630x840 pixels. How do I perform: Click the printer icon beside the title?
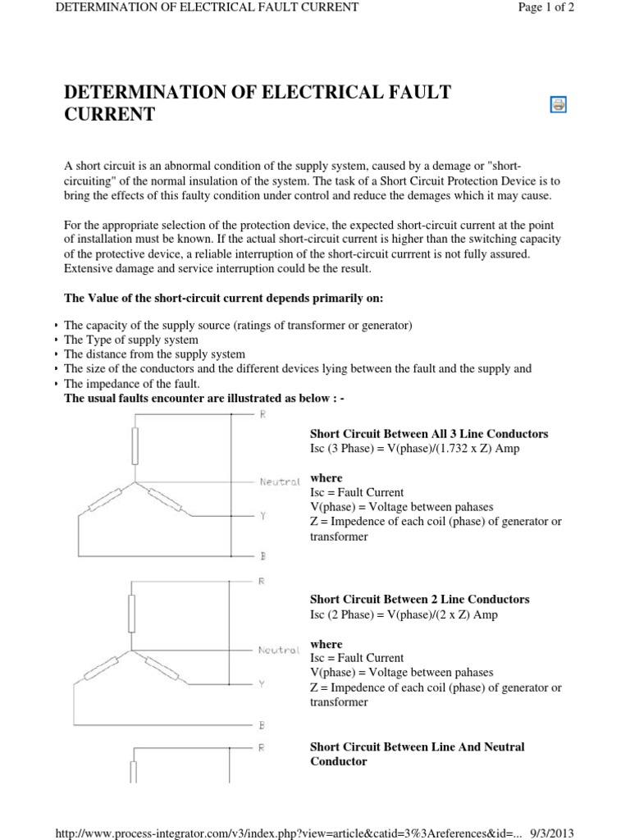tap(558, 104)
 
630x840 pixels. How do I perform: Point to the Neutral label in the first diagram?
tap(280, 482)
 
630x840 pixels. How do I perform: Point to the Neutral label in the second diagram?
tap(278, 650)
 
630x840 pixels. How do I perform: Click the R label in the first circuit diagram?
tap(262, 415)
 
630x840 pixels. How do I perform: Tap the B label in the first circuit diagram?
tap(262, 556)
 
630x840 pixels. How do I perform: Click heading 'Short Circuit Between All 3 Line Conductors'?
tap(429, 434)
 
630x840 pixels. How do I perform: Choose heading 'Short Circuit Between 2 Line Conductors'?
tap(419, 600)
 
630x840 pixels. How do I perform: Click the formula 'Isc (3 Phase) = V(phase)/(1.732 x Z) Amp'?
tap(414, 449)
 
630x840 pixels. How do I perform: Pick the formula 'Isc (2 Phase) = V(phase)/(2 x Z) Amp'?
tap(404, 614)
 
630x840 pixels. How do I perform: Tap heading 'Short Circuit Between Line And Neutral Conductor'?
tap(417, 754)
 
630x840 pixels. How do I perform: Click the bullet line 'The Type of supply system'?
tap(131, 340)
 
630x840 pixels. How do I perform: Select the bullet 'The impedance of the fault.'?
tap(131, 384)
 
